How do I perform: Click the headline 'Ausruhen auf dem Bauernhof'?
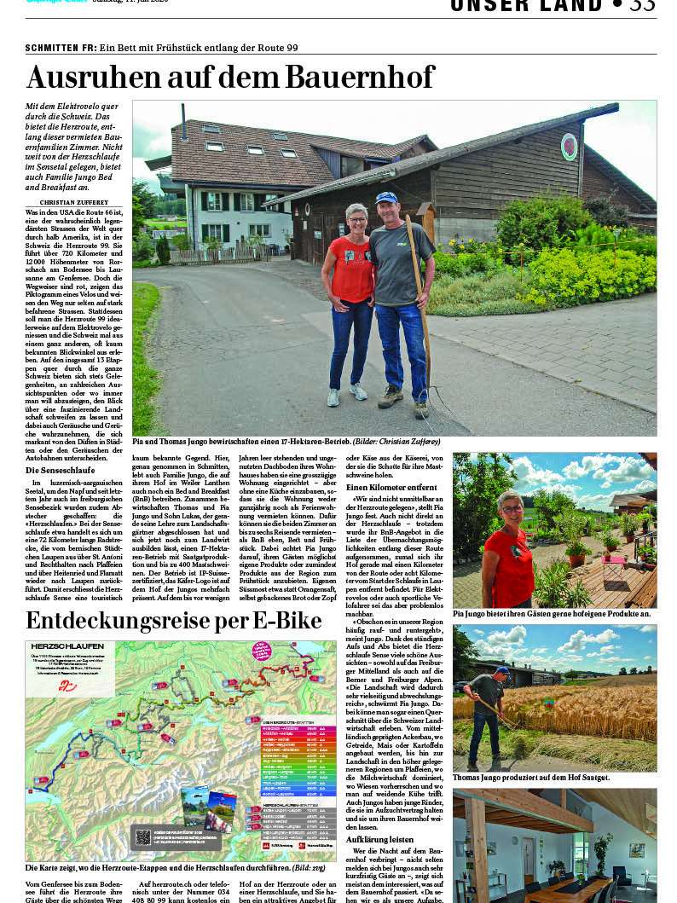coord(230,78)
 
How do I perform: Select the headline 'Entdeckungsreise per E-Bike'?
coord(173,621)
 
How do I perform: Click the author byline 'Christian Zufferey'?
coord(74,202)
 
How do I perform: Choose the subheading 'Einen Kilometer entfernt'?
coord(391,486)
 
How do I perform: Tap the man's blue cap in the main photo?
coord(386,198)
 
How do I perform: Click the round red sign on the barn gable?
coord(569,147)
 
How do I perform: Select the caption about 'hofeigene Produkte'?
coord(552,613)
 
